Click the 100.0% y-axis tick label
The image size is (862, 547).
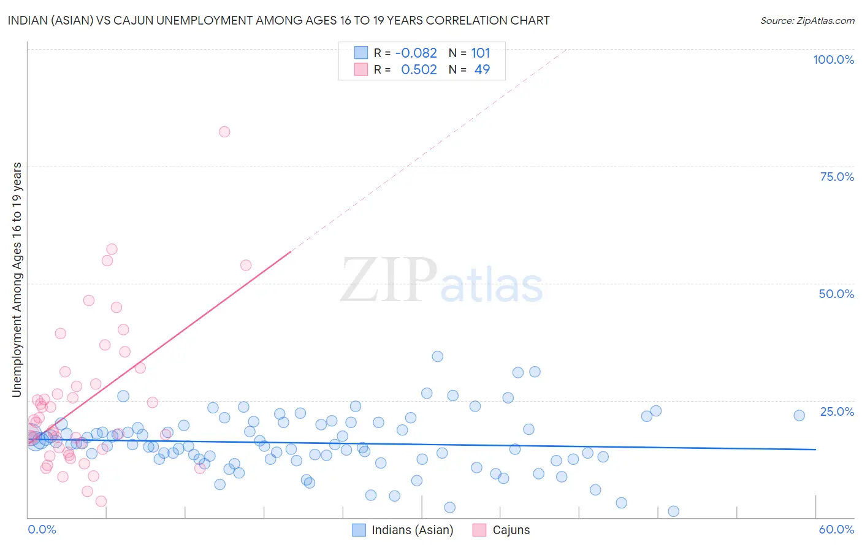(833, 59)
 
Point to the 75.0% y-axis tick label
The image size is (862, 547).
(837, 177)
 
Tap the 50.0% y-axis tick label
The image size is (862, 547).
(836, 294)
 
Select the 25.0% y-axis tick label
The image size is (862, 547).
(837, 411)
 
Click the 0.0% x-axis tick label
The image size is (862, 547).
(42, 529)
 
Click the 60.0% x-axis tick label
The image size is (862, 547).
(836, 529)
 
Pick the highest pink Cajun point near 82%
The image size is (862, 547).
(224, 132)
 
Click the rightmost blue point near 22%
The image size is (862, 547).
(799, 415)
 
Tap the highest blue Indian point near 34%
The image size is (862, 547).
(437, 356)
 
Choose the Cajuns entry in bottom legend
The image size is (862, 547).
(511, 530)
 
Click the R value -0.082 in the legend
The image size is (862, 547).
(416, 53)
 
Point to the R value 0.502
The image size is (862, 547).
(419, 70)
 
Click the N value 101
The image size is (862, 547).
(481, 53)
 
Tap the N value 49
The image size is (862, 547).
(482, 70)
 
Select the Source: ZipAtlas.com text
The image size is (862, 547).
(807, 20)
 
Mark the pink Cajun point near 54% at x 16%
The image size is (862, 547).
(246, 265)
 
